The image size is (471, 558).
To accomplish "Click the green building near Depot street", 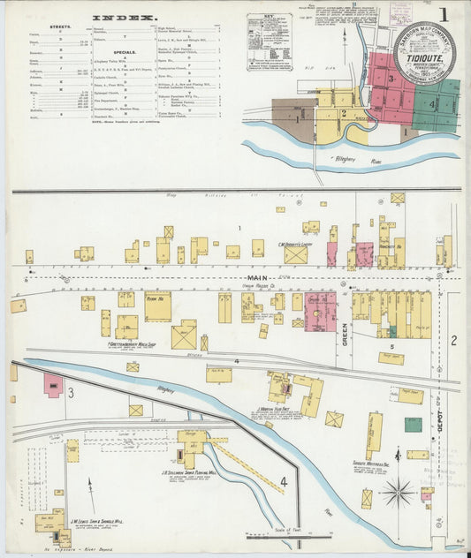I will (x=413, y=424).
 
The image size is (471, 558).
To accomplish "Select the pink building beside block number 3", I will (x=53, y=385).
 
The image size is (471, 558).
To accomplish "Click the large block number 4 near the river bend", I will (x=285, y=482).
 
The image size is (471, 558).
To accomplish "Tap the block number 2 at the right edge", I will (x=453, y=341).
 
